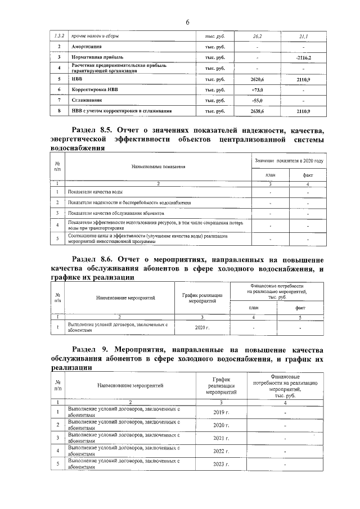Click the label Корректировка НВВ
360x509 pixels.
pos(95,90)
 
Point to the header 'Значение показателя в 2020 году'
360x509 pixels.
pos(289,161)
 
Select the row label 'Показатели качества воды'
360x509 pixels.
pos(93,192)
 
